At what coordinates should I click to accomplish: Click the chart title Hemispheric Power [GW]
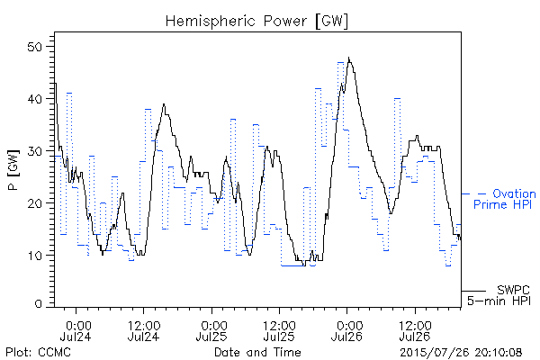pos(256,21)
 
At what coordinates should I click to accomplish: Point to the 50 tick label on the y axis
pos(35,47)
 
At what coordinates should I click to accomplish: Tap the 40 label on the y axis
pos(35,99)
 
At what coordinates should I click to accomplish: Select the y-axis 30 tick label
pos(35,151)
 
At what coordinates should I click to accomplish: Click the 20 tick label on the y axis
pos(35,202)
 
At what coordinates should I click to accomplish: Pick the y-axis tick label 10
pos(35,256)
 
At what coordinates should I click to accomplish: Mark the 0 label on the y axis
pos(39,303)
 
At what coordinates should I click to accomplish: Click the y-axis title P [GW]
pos(13,170)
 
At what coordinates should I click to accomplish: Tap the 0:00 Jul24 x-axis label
pos(76,330)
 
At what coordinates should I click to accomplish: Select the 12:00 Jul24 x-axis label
pos(144,330)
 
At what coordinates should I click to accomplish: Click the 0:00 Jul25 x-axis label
pos(211,330)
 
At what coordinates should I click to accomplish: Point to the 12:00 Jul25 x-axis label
pos(279,330)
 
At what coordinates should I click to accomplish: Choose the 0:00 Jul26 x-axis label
pos(347,330)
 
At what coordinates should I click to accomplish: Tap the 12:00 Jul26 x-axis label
pos(415,330)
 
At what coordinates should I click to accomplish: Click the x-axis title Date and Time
pos(257,352)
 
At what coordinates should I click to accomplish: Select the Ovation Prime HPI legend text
pos(504,199)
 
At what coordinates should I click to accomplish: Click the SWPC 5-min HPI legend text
pos(499,295)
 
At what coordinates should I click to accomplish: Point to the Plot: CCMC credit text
pos(38,352)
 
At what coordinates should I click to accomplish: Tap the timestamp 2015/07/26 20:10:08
pos(461,353)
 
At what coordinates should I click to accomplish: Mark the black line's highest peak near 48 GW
pos(348,58)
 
